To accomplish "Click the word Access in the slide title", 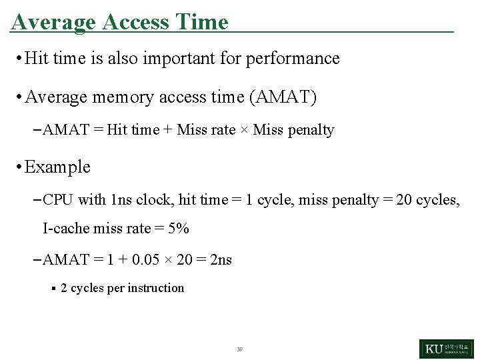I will point(135,22).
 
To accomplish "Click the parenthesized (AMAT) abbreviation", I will point(283,97).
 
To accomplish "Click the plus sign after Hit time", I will point(168,130).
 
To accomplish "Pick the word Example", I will point(57,167).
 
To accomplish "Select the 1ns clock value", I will point(122,199).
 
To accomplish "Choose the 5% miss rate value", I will point(179,229).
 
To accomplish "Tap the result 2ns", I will point(221,260).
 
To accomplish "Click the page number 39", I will point(239,349).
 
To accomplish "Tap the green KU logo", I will point(446,349).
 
